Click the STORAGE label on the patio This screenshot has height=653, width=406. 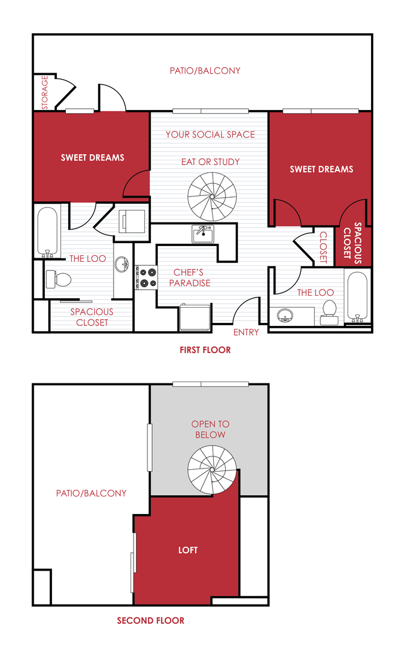click(x=44, y=93)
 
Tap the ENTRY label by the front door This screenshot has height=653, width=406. click(x=246, y=332)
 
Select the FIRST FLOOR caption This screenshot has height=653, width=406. click(x=205, y=350)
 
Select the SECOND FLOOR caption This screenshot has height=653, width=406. click(x=150, y=620)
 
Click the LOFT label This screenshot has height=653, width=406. click(x=188, y=550)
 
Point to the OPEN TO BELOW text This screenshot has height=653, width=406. click(x=210, y=429)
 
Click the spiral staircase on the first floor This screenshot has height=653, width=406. click(x=211, y=195)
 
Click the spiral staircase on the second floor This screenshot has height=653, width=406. click(x=211, y=470)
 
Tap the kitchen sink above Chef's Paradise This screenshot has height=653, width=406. click(x=202, y=233)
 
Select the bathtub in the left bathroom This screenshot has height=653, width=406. click(x=47, y=232)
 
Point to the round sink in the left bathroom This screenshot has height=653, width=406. click(x=123, y=264)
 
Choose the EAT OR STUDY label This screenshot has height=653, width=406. click(x=210, y=162)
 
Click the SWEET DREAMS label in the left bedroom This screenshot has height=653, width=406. click(x=92, y=158)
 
